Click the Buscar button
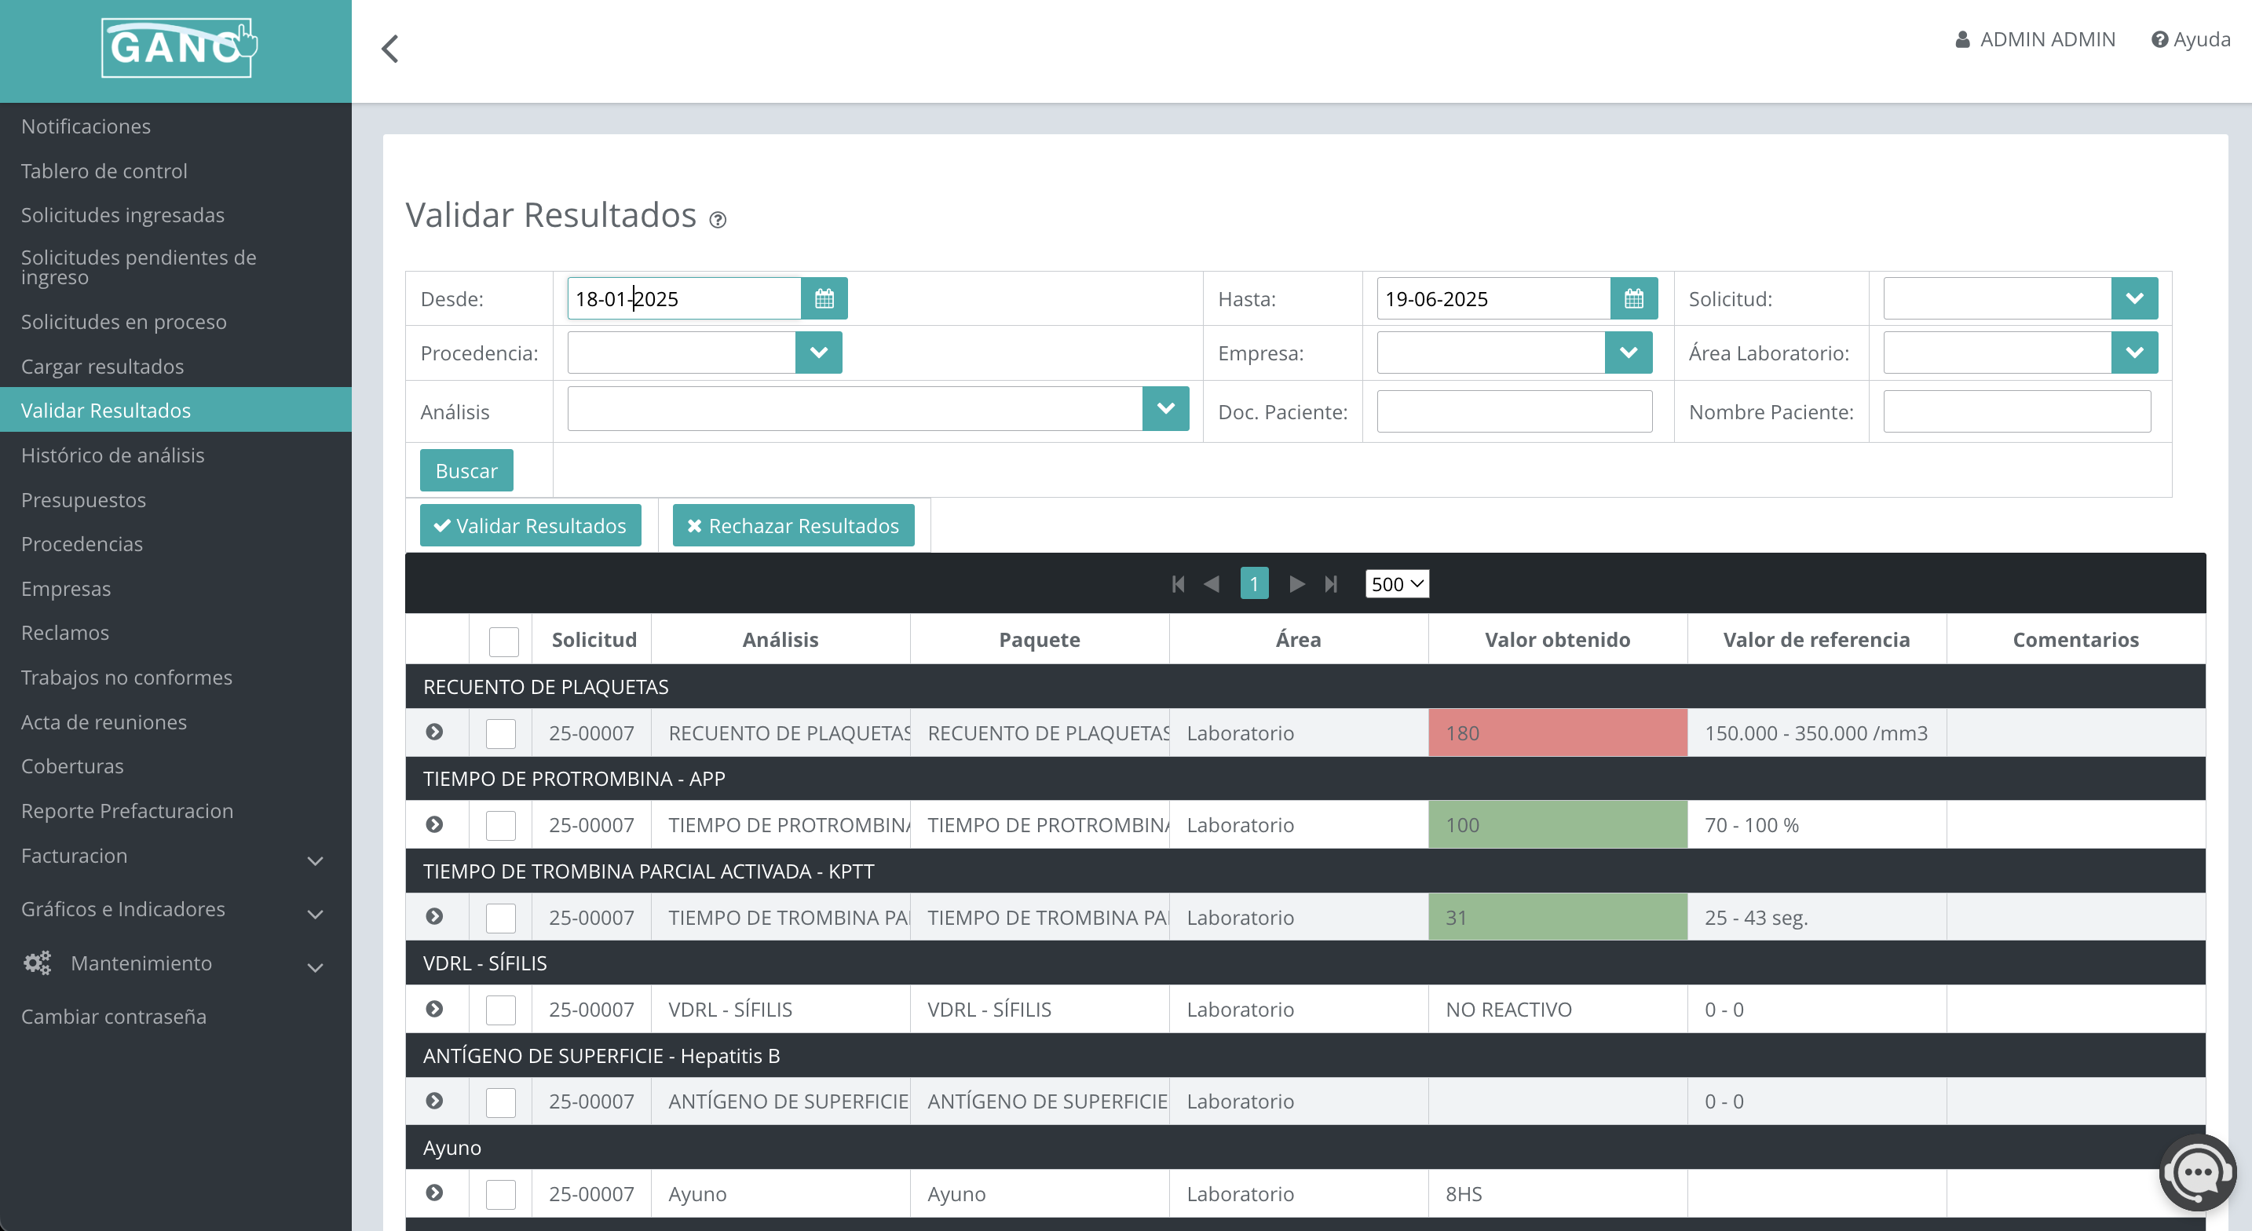pyautogui.click(x=466, y=470)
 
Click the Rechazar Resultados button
pyautogui.click(x=793, y=525)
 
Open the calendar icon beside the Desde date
pyautogui.click(x=824, y=299)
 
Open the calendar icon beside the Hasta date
pyautogui.click(x=1633, y=299)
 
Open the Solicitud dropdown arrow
pyautogui.click(x=2134, y=299)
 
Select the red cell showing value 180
pyautogui.click(x=1557, y=732)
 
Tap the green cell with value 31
pyautogui.click(x=1557, y=917)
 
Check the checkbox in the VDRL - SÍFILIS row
pyautogui.click(x=501, y=1010)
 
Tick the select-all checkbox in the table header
pyautogui.click(x=503, y=641)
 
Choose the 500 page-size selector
pyautogui.click(x=1396, y=584)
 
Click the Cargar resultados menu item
pyautogui.click(x=102, y=367)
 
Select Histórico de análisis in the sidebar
pyautogui.click(x=113, y=455)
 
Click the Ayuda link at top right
pyautogui.click(x=2191, y=39)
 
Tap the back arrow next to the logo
pyautogui.click(x=390, y=49)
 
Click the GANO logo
pyautogui.click(x=177, y=48)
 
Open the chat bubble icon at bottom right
pyautogui.click(x=2196, y=1171)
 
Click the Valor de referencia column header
pyautogui.click(x=1815, y=640)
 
